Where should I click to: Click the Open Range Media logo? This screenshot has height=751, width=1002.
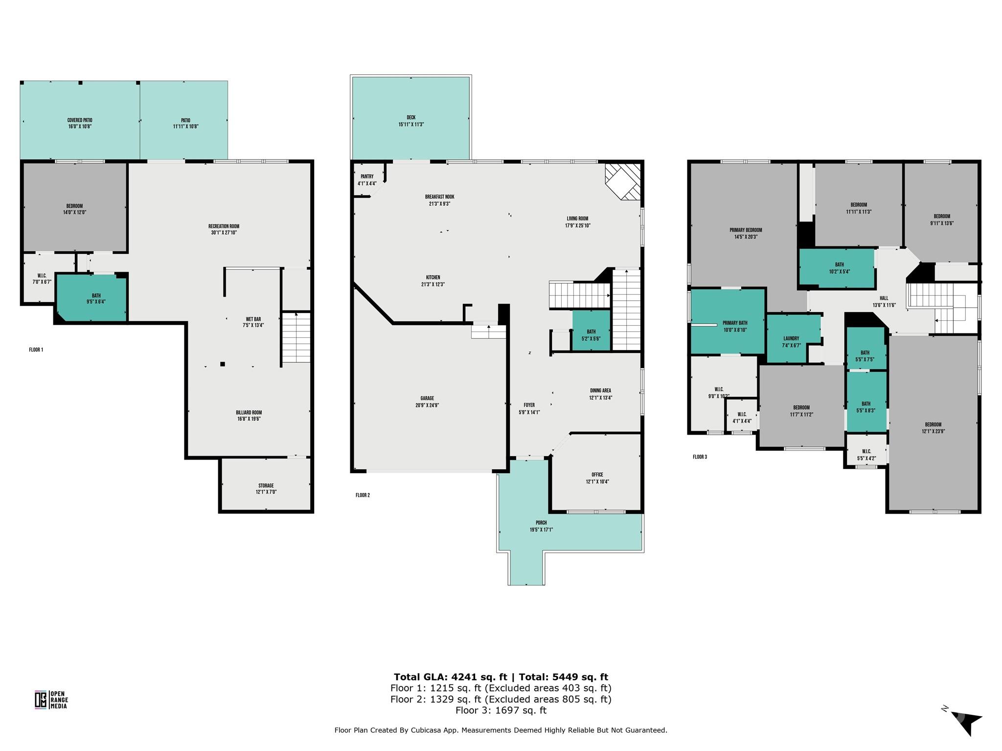51,699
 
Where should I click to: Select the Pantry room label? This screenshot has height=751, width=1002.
367,177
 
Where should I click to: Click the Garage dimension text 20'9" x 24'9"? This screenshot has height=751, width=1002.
427,405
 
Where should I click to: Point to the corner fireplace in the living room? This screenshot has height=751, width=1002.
623,182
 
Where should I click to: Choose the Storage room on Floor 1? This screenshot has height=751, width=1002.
266,485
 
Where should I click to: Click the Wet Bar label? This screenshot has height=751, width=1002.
253,319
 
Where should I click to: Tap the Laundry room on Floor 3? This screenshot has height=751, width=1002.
793,338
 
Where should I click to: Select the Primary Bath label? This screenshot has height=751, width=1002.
735,323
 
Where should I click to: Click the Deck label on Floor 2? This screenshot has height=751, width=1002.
411,117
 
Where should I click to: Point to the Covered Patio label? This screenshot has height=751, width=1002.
80,120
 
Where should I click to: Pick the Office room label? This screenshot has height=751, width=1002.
597,475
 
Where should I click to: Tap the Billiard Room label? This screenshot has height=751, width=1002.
249,413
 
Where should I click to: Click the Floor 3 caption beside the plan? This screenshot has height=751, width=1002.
700,457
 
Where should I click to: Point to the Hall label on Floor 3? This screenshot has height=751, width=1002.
884,298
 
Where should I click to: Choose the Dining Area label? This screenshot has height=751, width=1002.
600,391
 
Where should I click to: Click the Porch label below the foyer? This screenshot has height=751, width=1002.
541,523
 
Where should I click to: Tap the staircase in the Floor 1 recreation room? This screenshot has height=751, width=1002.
297,337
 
